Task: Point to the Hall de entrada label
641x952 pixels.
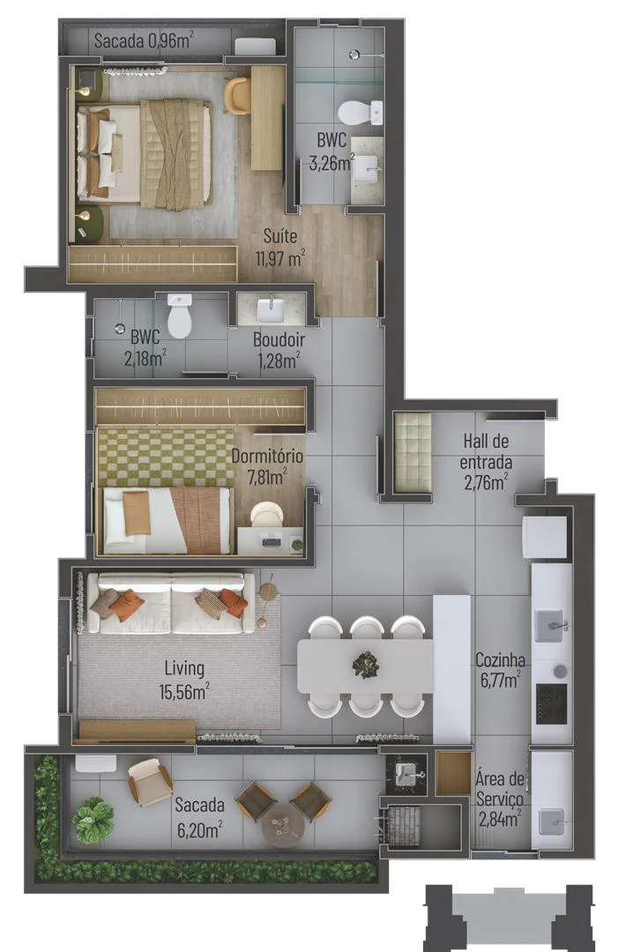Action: (486, 451)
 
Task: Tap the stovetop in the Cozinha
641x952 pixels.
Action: (551, 703)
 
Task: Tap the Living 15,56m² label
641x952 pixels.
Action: (184, 680)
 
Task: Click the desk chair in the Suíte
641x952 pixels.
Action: (237, 95)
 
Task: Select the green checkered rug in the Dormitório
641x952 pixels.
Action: (165, 457)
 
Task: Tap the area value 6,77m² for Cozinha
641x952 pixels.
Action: (499, 680)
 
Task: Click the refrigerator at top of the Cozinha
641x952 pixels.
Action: (545, 537)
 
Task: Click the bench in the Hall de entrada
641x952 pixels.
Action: (412, 452)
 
